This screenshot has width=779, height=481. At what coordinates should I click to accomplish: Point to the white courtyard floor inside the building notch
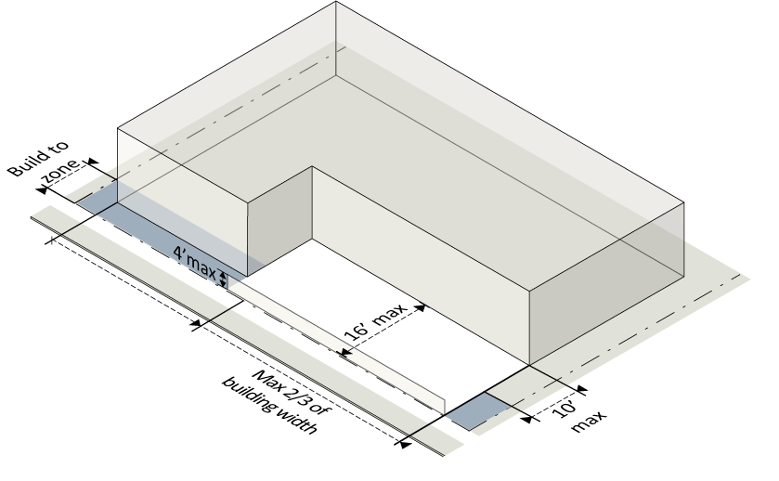click(371, 279)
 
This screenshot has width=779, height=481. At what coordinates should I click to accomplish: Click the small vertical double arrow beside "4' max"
click(223, 276)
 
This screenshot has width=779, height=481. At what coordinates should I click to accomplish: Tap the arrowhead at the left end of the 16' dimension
click(344, 351)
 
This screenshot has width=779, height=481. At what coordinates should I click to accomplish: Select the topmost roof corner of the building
click(335, 3)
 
